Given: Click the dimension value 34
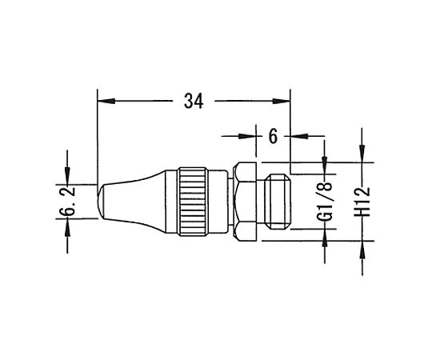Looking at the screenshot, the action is (x=194, y=101).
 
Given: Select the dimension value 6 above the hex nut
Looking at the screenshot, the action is (x=273, y=136).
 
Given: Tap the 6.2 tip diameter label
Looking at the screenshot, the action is (x=67, y=202).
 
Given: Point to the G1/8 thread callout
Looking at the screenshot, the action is (x=325, y=202).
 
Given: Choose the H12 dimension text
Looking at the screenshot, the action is (x=362, y=202).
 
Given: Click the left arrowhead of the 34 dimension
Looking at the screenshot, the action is (x=106, y=101).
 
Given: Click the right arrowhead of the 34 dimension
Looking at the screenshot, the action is (x=282, y=101).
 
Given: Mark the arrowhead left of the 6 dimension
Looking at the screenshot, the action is (x=247, y=136).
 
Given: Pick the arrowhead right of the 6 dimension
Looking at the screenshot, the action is (x=299, y=136).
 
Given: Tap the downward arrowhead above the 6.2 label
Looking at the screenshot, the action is (x=67, y=175).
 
